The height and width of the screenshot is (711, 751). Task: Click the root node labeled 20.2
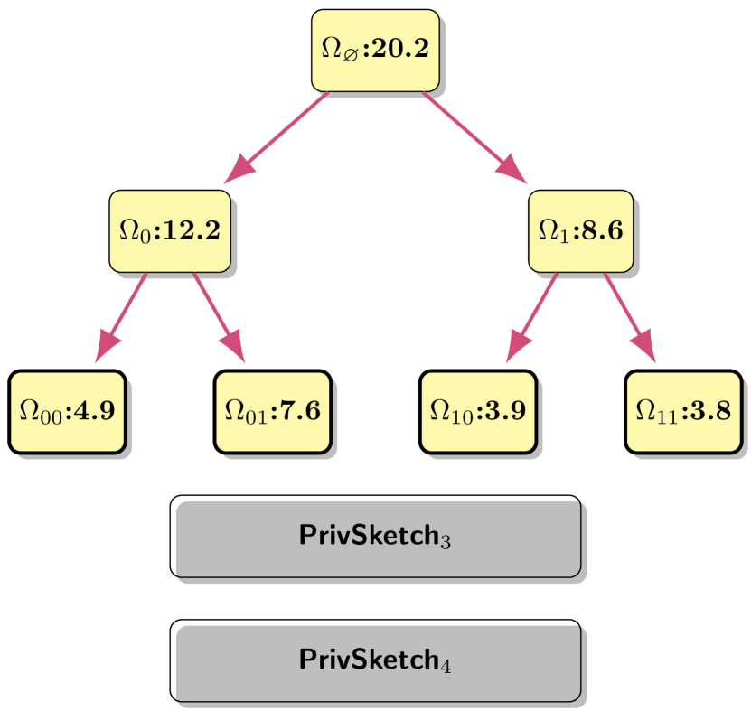pyautogui.click(x=375, y=50)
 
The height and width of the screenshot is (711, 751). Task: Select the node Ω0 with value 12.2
pyautogui.click(x=169, y=230)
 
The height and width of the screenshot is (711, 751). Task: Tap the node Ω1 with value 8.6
pyautogui.click(x=579, y=230)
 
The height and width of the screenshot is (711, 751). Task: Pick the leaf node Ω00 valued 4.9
pyautogui.click(x=67, y=411)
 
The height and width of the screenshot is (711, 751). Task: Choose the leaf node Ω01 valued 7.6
pyautogui.click(x=272, y=411)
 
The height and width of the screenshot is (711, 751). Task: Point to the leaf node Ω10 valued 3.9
pyautogui.click(x=477, y=411)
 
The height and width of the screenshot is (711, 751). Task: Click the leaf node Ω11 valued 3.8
pyautogui.click(x=683, y=411)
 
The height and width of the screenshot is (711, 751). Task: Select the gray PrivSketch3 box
pyautogui.click(x=377, y=538)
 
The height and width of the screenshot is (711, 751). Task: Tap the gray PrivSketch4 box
pyautogui.click(x=377, y=662)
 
